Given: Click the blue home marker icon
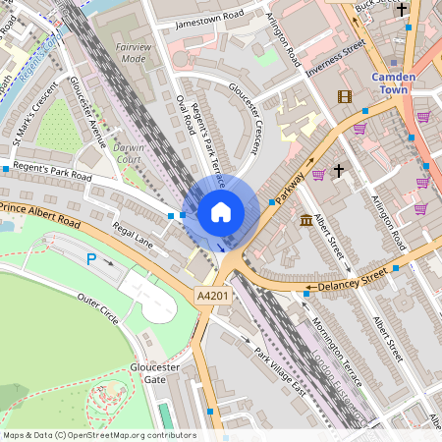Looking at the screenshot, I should click(x=221, y=212).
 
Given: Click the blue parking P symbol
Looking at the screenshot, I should click(x=92, y=259).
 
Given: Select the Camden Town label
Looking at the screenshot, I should click(x=397, y=83).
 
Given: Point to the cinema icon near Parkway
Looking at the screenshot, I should click(x=344, y=96).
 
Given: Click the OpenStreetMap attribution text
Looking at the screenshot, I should click(x=98, y=435).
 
